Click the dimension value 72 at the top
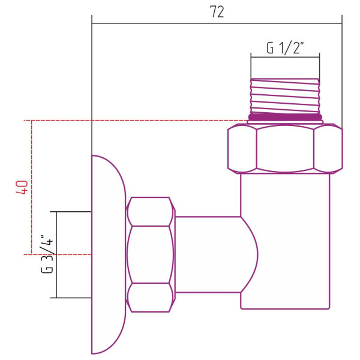coord(217,13)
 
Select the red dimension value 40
coord(22,187)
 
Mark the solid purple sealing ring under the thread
coord(285,118)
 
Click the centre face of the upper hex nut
coord(285,148)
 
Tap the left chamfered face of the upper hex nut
coord(242,148)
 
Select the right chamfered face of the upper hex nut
coord(328,148)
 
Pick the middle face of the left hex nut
coord(150,254)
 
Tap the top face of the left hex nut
coord(150,212)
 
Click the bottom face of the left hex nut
coord(150,297)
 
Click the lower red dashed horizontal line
coord(60,254)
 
